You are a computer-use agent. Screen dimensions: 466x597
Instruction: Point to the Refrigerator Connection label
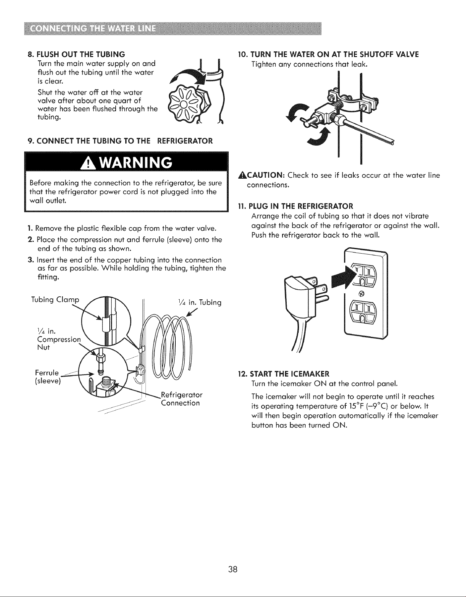click(x=181, y=399)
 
